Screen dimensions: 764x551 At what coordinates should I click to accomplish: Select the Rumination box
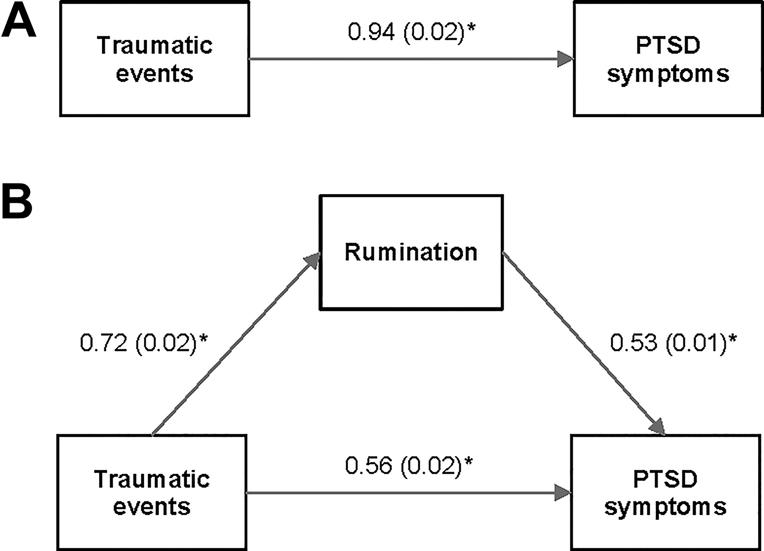tap(411, 252)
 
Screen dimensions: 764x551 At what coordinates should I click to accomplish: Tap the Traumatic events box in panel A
tap(154, 59)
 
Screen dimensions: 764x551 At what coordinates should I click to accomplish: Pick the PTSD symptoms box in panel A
tap(668, 59)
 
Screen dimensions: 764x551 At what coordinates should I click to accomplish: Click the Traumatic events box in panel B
tap(152, 492)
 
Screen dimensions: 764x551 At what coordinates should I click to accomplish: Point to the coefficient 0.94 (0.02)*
tap(412, 32)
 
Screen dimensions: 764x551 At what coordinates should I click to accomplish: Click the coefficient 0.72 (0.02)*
tap(144, 342)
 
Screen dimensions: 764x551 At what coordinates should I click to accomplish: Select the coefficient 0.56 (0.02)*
tap(409, 465)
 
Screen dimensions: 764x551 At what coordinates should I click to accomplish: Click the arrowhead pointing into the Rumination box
tap(313, 260)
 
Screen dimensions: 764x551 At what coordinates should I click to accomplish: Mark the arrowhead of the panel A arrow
tap(565, 59)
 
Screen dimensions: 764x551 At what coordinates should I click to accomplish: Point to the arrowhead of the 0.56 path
tap(563, 493)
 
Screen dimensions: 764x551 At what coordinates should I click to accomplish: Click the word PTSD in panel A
tap(668, 45)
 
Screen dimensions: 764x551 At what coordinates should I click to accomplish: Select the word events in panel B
tap(152, 507)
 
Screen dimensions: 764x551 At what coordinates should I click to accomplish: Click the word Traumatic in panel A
tap(154, 45)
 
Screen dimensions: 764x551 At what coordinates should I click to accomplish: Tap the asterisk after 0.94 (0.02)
tap(472, 27)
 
